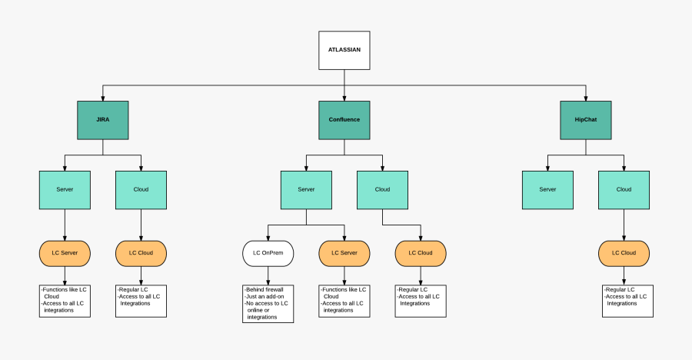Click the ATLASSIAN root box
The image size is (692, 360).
pyautogui.click(x=344, y=50)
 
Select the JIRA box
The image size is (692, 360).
pyautogui.click(x=102, y=120)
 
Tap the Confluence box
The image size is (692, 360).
pyautogui.click(x=344, y=120)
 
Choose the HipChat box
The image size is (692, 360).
pyautogui.click(x=586, y=120)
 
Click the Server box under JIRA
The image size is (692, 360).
pyautogui.click(x=65, y=189)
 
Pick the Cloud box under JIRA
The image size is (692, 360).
pyautogui.click(x=141, y=189)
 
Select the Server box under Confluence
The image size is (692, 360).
pyautogui.click(x=306, y=189)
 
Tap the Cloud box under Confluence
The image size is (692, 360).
pyautogui.click(x=382, y=189)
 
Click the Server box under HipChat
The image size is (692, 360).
pyautogui.click(x=547, y=189)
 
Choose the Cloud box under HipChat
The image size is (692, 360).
pyautogui.click(x=624, y=189)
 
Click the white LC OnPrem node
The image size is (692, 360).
pyautogui.click(x=268, y=253)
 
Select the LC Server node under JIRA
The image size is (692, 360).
pyautogui.click(x=65, y=253)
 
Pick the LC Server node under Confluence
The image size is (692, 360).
pyautogui.click(x=344, y=253)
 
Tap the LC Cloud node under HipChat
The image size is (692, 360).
pyautogui.click(x=624, y=253)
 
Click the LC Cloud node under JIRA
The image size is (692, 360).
pyautogui.click(x=141, y=253)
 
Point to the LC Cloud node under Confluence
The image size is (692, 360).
pyautogui.click(x=421, y=253)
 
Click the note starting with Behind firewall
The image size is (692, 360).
pyautogui.click(x=268, y=303)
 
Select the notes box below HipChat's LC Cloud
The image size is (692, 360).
pyautogui.click(x=627, y=301)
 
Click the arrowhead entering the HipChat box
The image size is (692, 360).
pyautogui.click(x=586, y=98)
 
